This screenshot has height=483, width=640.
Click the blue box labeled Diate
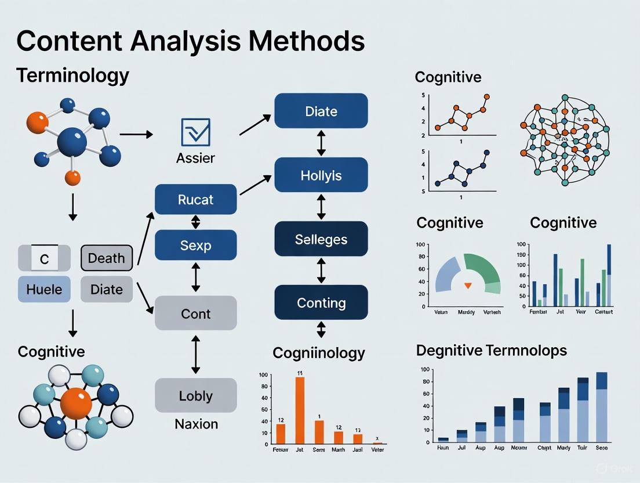pos(321,110)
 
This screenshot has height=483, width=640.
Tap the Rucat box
pos(195,199)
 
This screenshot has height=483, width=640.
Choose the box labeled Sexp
pos(195,244)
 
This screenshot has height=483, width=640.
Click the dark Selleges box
pos(321,239)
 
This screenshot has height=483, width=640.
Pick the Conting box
pos(321,302)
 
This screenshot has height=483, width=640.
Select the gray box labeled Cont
pos(195,313)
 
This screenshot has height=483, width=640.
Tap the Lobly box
pos(195,395)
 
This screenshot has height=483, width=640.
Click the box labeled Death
pos(106,258)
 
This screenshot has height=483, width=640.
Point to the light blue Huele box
pos(44,289)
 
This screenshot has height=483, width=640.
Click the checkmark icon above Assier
pos(195,132)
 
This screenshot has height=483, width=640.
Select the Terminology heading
pos(72,75)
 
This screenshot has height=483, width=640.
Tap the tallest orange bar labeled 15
pos(300,410)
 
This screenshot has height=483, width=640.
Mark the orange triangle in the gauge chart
pos(468,285)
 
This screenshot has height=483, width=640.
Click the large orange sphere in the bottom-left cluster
pos(76,403)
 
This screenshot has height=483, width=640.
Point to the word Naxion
pos(196,424)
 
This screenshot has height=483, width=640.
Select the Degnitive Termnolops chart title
pos(491,350)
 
